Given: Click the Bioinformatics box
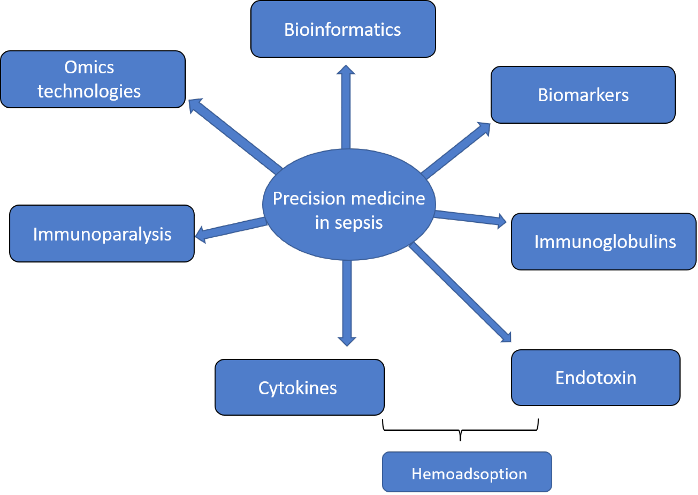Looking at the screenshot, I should click(343, 29).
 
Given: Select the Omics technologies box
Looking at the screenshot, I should click(93, 79).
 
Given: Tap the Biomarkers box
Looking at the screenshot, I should click(583, 95).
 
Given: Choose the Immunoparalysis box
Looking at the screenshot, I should click(102, 234).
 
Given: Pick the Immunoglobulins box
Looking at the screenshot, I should click(603, 242).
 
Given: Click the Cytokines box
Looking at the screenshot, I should click(299, 387).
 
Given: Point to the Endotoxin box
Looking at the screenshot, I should click(595, 378).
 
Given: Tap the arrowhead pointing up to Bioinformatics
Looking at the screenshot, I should click(346, 71).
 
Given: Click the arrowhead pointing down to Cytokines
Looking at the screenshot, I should click(347, 340).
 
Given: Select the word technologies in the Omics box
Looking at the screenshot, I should click(89, 91).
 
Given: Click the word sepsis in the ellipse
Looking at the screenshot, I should click(358, 223).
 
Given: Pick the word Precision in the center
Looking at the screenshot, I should click(304, 199).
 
